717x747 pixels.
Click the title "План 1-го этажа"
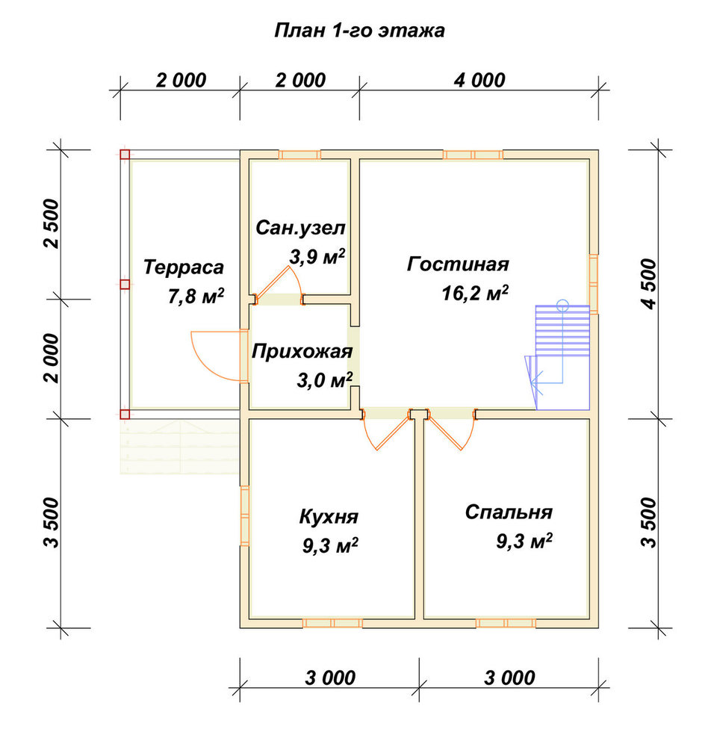click(360, 31)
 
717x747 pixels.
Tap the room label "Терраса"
click(184, 267)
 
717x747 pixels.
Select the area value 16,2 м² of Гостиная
click(475, 293)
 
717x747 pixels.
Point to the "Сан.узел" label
click(300, 228)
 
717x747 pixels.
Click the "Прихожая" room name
click(302, 352)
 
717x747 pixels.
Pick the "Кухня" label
click(329, 516)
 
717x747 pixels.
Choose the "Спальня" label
click(509, 512)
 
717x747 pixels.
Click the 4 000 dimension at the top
click(479, 80)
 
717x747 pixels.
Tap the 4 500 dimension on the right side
click(649, 284)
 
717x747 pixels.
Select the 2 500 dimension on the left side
click(52, 224)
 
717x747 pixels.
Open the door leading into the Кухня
click(387, 430)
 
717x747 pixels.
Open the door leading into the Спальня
click(450, 430)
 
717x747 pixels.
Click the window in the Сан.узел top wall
click(299, 155)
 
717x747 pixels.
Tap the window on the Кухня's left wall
click(244, 516)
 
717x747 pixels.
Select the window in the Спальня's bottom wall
click(506, 623)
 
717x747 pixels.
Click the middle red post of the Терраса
click(124, 285)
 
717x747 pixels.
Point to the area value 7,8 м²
click(196, 297)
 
